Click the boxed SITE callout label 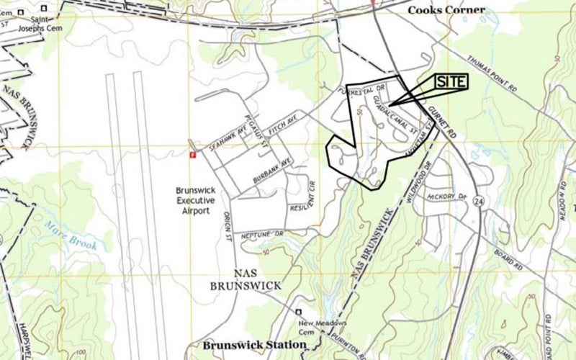coord(451,82)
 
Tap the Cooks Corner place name coord(446,11)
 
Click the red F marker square coord(192,153)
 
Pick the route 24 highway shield coord(478,204)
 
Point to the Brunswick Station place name coord(254,345)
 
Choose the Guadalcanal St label coord(395,117)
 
